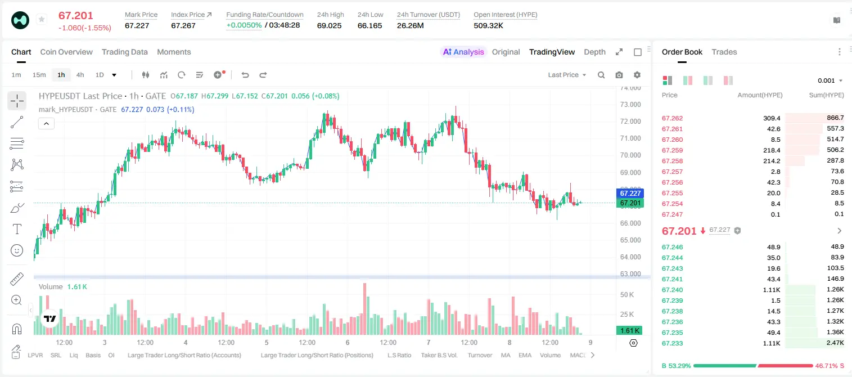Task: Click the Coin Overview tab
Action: tap(66, 52)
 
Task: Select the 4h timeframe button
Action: tap(80, 75)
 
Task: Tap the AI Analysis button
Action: tap(463, 52)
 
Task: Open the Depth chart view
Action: tap(594, 52)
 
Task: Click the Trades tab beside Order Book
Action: tap(724, 52)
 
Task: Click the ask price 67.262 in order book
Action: tap(672, 118)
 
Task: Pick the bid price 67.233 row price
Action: tap(672, 343)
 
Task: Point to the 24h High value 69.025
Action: tap(330, 25)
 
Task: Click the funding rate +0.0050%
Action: tap(244, 25)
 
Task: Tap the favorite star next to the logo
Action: tap(42, 19)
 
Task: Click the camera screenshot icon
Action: tap(619, 75)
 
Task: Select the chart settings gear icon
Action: tap(637, 75)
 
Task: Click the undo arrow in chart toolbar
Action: tap(245, 75)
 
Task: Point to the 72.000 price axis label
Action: tap(630, 122)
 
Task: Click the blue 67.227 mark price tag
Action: tap(630, 193)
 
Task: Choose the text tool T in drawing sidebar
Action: tap(17, 229)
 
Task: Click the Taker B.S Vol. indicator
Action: tap(439, 355)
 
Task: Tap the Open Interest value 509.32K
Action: tap(488, 25)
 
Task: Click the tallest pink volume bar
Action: tap(365, 309)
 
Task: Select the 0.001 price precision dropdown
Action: tap(830, 80)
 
